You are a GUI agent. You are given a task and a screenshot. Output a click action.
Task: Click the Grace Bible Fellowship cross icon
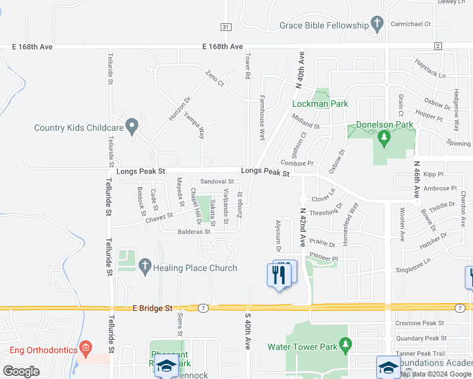(x=378, y=25)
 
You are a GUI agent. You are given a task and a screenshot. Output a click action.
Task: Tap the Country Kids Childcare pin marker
(x=132, y=127)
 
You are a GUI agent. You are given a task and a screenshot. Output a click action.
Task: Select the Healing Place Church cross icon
(x=145, y=267)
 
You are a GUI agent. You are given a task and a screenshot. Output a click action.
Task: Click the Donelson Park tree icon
(x=382, y=137)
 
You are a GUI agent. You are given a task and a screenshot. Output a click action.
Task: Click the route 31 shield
(x=226, y=27)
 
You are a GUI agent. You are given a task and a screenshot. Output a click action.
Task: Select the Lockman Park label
(x=311, y=104)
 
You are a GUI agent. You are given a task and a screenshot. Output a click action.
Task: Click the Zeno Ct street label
(x=214, y=78)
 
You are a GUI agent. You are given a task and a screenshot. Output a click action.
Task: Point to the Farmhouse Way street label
(x=262, y=118)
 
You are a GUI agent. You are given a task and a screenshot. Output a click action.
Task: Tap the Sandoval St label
(x=217, y=182)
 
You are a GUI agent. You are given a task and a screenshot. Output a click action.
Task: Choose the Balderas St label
(x=193, y=232)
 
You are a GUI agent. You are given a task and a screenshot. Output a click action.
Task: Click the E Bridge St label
(x=152, y=308)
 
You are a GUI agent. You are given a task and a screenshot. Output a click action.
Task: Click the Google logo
(x=21, y=371)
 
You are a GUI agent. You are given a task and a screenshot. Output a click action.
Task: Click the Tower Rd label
(x=247, y=65)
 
